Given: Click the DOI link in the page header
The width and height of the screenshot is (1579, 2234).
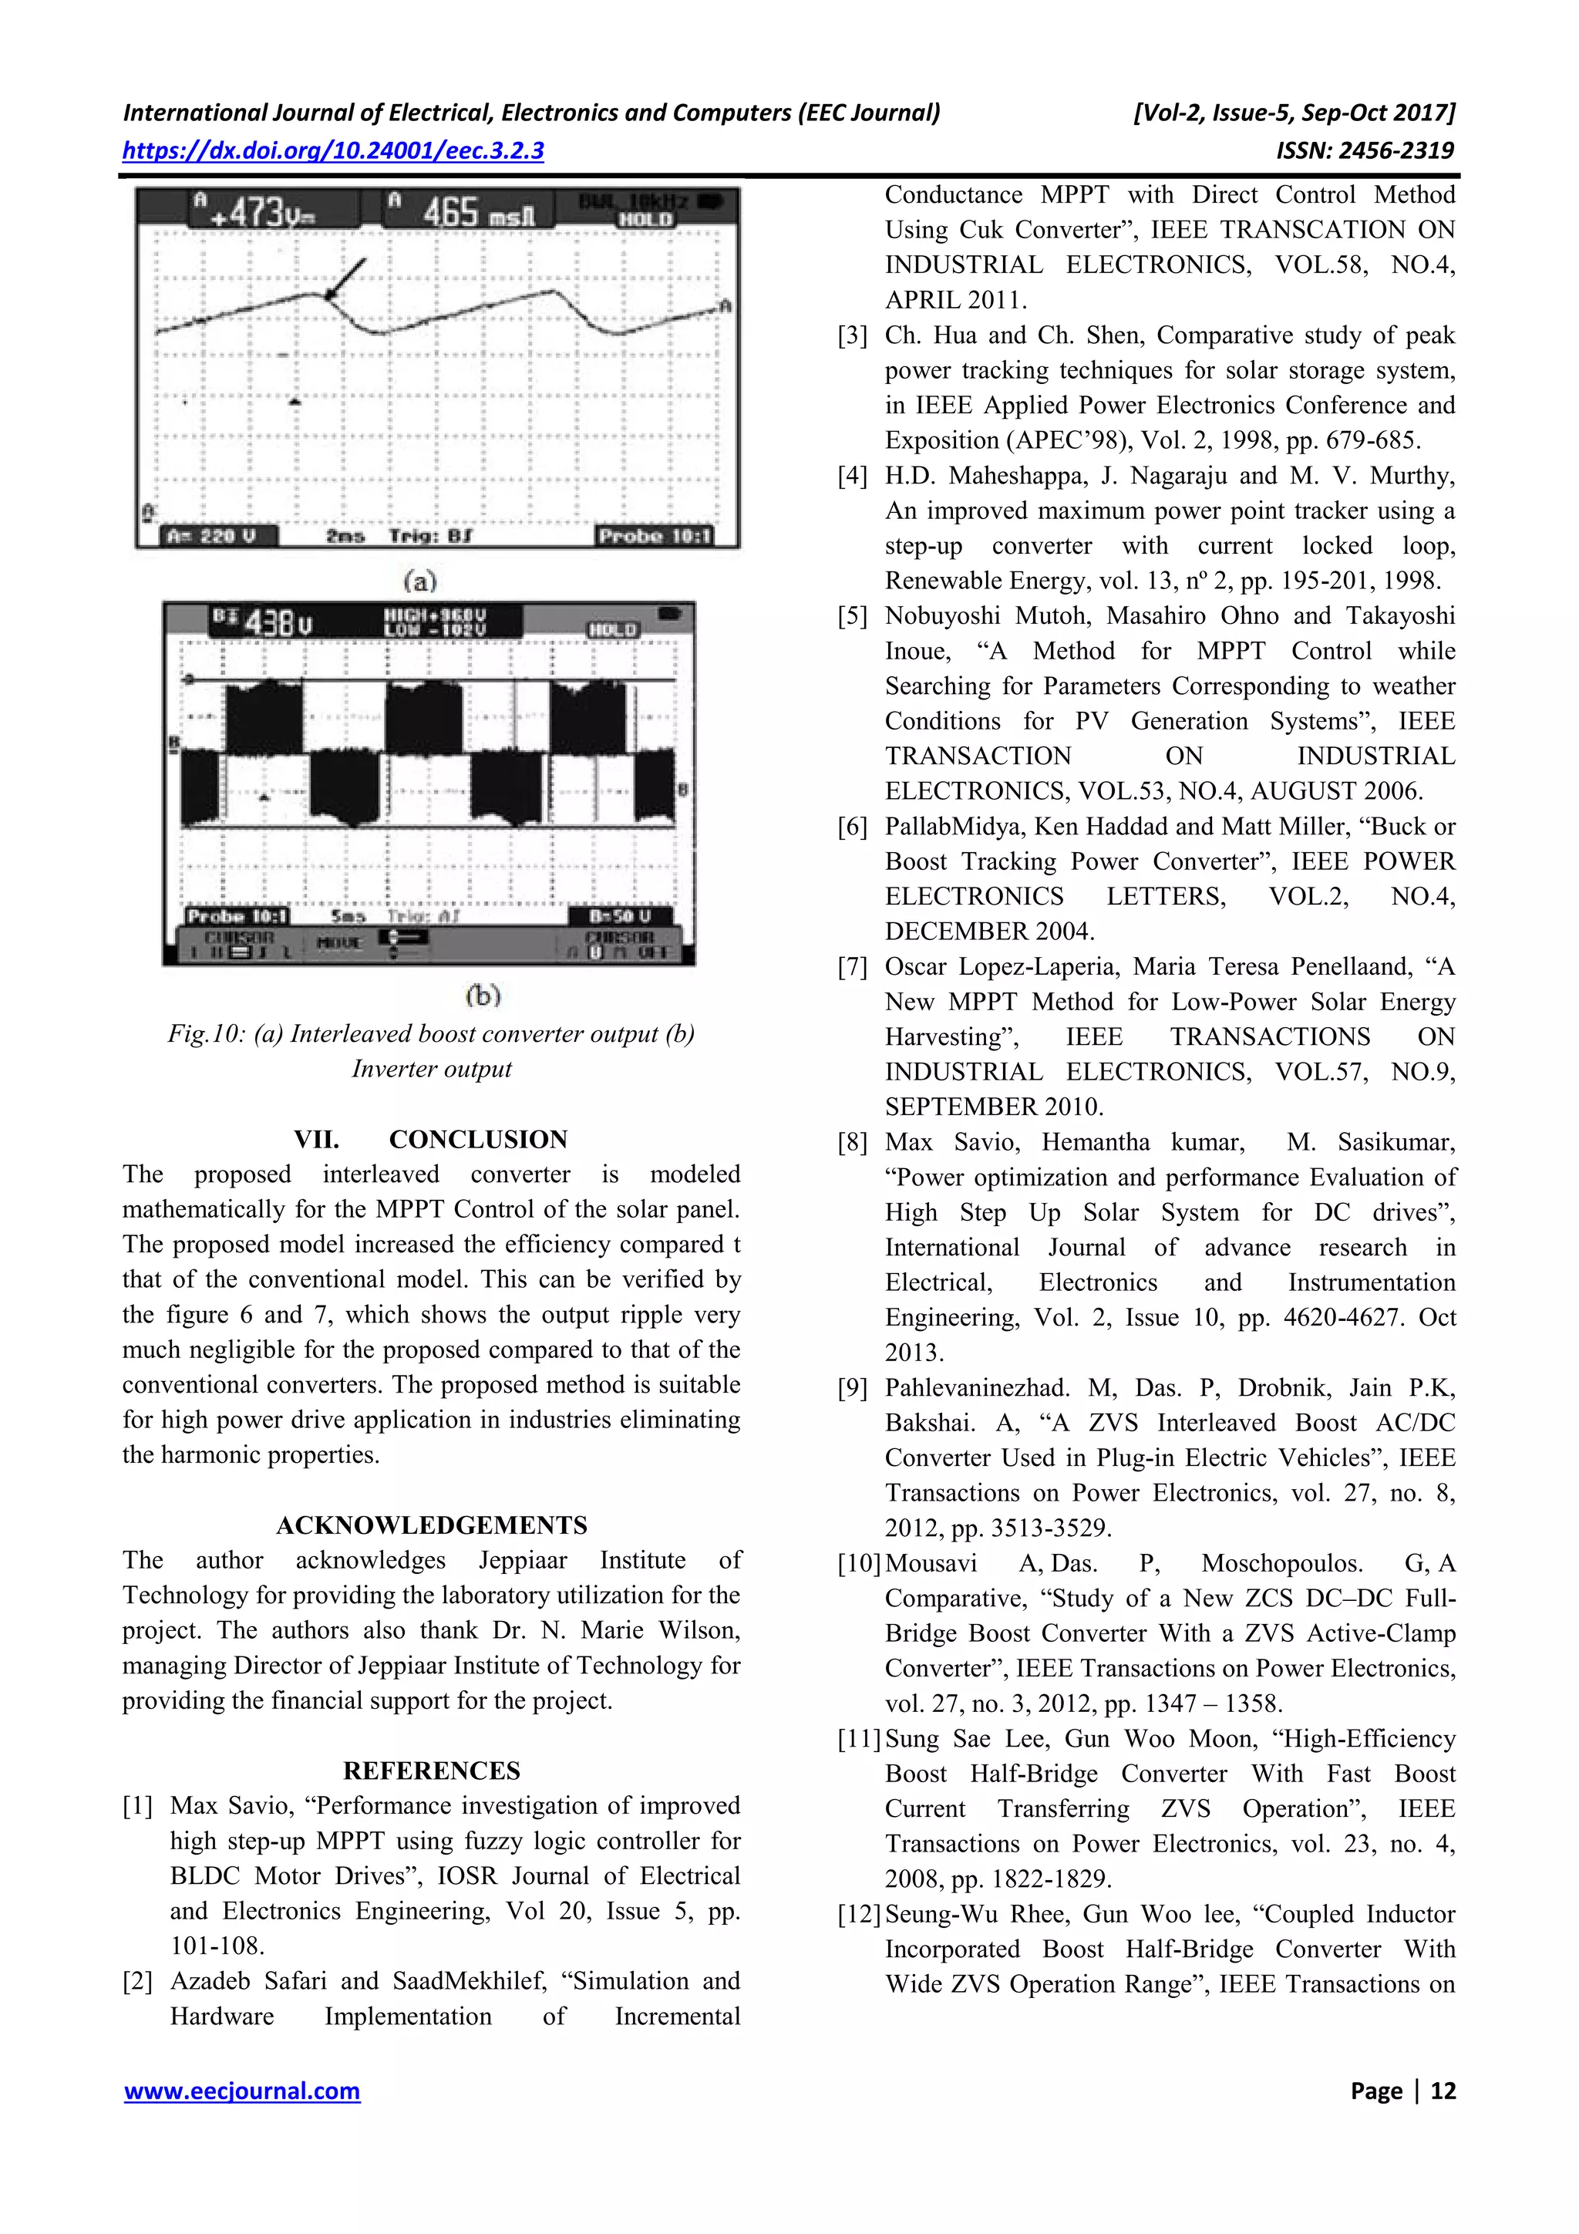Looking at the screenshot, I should click(333, 151).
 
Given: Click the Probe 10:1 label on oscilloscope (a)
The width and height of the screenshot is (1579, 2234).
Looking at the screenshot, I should click(654, 536).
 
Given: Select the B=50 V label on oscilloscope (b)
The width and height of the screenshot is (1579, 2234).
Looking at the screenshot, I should click(619, 915).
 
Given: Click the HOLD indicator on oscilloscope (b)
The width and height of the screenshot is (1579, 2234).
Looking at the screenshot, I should click(613, 629).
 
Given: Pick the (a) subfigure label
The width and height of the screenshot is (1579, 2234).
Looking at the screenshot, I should click(420, 581).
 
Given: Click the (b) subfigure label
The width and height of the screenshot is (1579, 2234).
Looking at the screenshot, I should click(483, 995).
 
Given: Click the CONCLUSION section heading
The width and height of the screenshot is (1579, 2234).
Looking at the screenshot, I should click(478, 1140).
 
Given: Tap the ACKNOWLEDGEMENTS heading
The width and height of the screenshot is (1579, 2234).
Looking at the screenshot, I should click(431, 1525).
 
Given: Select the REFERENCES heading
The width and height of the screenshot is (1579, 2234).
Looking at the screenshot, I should click(431, 1770).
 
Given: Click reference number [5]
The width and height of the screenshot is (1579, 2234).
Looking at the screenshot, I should click(852, 616).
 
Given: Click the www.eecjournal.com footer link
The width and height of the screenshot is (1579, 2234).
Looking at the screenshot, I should click(242, 2090).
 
